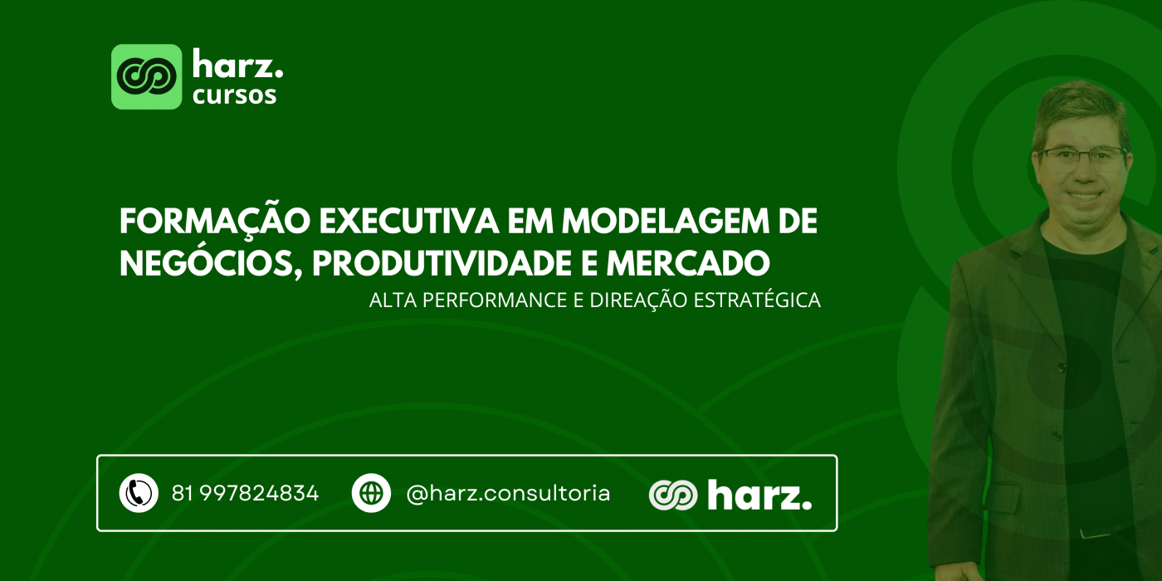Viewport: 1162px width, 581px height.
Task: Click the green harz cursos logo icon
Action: pos(147,76)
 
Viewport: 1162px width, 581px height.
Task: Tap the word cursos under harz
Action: pos(234,95)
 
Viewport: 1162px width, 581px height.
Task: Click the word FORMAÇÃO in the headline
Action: pos(215,222)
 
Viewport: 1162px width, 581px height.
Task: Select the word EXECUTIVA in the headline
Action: pos(408,222)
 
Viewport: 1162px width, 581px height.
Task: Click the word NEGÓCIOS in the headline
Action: pos(211,262)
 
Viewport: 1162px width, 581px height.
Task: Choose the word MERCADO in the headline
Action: pos(688,264)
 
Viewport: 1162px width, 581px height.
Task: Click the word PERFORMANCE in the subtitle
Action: pos(495,300)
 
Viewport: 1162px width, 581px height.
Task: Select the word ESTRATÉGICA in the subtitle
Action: pos(757,300)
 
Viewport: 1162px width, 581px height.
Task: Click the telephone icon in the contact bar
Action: pos(139,493)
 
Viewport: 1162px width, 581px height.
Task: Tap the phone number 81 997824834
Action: pos(245,493)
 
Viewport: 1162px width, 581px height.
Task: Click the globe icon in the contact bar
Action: pos(371,493)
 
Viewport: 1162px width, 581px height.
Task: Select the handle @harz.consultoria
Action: pos(508,493)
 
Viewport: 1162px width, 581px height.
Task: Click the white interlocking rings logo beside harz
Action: pos(673,495)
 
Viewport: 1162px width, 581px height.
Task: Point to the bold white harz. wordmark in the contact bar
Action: pos(759,495)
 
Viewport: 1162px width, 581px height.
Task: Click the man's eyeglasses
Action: pos(1081,159)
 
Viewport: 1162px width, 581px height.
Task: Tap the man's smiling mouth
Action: pos(1084,197)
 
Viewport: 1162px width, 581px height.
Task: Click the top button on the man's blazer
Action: pos(1062,367)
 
